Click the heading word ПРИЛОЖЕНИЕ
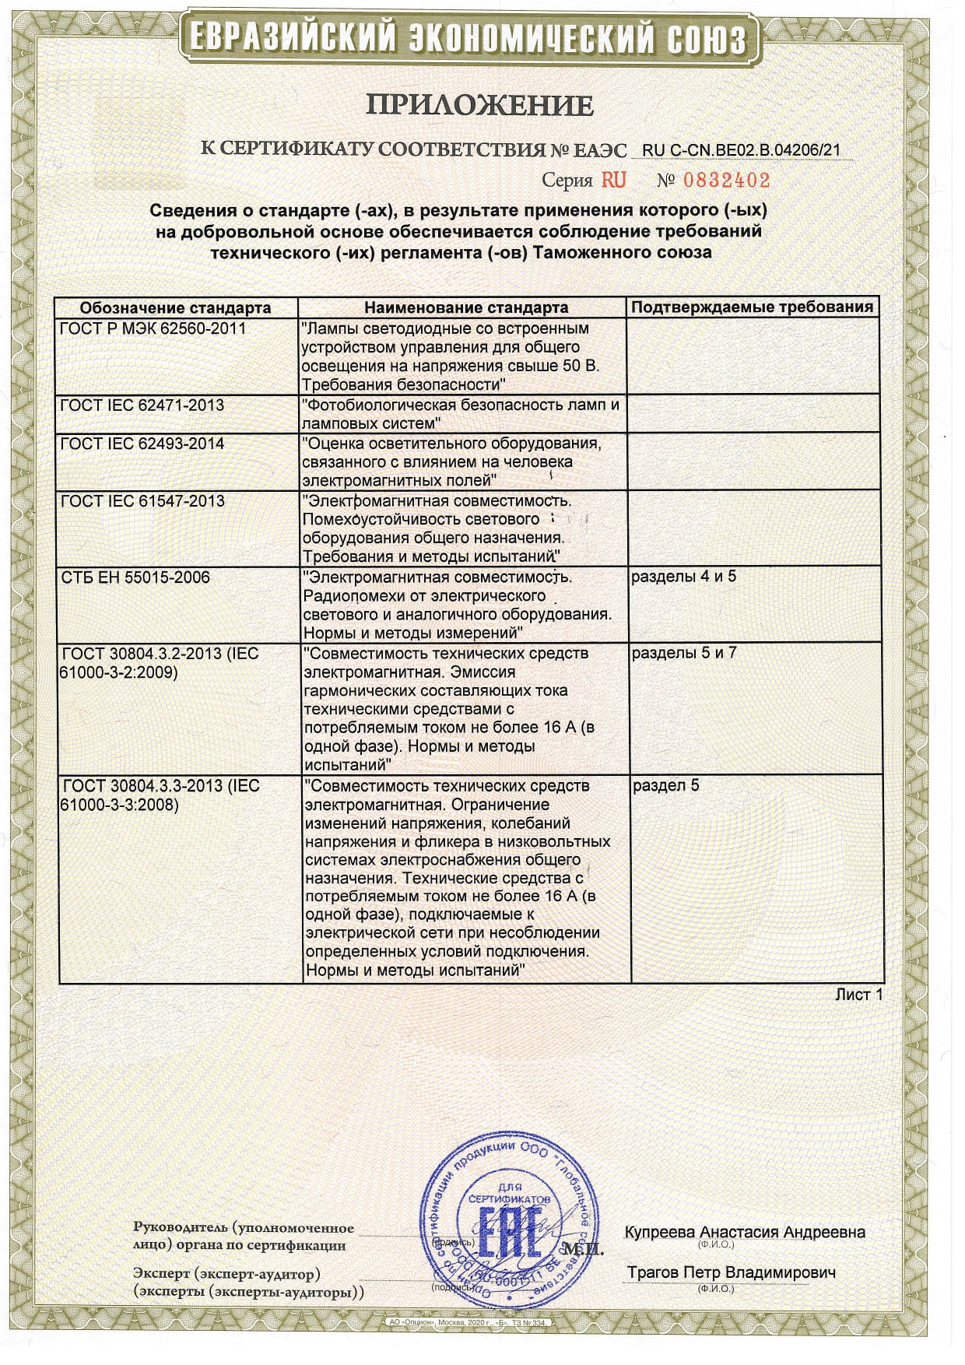(479, 105)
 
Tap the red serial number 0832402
(726, 181)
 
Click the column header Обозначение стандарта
(175, 307)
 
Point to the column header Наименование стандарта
(465, 307)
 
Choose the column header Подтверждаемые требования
(752, 307)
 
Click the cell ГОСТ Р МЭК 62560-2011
(153, 328)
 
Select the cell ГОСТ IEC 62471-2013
(142, 405)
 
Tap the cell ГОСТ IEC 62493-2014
(142, 444)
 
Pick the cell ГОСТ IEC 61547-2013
(142, 500)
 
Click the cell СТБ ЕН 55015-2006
(135, 577)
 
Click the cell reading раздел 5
(665, 785)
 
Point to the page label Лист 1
(859, 995)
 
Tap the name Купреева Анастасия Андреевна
(745, 1233)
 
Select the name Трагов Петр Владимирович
(732, 1273)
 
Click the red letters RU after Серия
(613, 181)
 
